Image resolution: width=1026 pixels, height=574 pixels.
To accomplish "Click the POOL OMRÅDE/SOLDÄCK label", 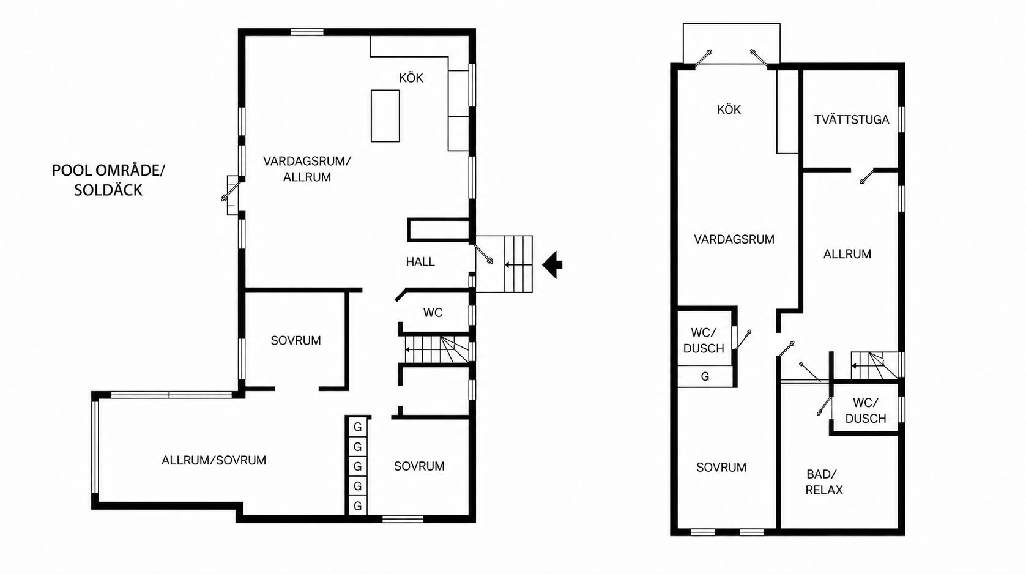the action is point(108,180).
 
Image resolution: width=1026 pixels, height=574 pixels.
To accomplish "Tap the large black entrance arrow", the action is point(552,264).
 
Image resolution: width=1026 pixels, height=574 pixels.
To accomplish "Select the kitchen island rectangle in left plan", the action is point(385,116).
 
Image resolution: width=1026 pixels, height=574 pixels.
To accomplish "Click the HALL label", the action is point(420,261).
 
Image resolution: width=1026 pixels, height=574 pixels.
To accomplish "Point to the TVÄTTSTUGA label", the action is point(852,119).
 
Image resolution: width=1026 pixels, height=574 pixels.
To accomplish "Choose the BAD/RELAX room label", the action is point(824,482).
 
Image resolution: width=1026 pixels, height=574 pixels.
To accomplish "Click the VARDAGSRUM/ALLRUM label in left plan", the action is point(307,169).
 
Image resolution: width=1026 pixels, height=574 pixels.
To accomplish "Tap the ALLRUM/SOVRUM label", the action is point(214,460).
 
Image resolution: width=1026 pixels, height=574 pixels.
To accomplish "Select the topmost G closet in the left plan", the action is point(358,427).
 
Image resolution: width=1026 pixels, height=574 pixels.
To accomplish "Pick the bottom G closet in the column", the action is point(358,505).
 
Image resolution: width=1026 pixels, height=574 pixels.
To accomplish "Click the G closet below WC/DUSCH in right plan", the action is point(705,376).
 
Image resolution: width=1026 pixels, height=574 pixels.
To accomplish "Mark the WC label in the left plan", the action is point(433,313).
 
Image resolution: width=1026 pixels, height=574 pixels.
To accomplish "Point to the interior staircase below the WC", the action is point(436,349).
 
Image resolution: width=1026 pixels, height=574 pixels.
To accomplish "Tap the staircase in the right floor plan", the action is point(875,365).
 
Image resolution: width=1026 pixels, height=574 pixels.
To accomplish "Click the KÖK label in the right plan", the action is point(729,110).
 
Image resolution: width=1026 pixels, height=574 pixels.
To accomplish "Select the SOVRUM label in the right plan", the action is point(721,468).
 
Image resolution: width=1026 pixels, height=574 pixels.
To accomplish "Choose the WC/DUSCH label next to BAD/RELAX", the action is point(865,411).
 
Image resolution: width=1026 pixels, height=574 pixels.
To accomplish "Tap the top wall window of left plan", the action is point(307,32).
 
